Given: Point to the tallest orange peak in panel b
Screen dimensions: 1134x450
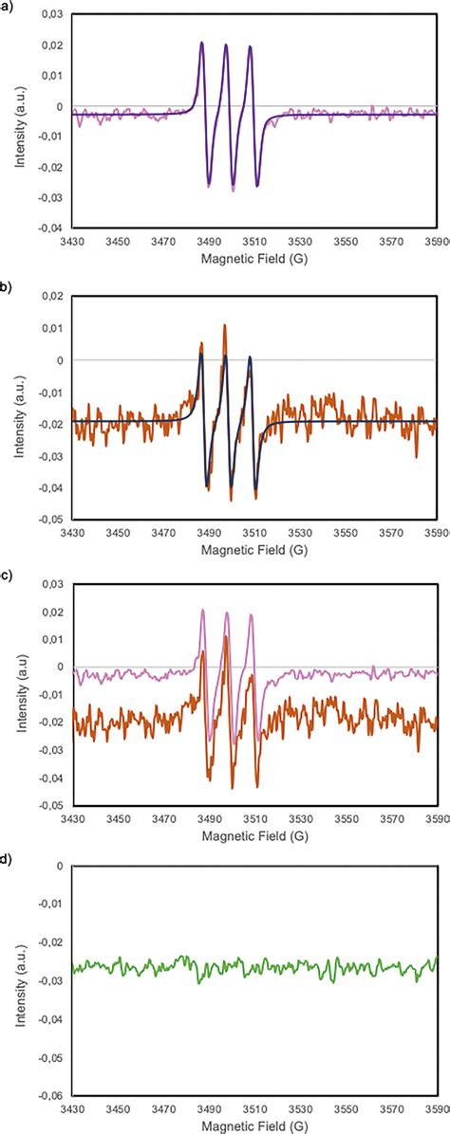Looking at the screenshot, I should (x=225, y=325).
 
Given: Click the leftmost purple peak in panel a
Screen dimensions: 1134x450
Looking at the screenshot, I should (x=201, y=43).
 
